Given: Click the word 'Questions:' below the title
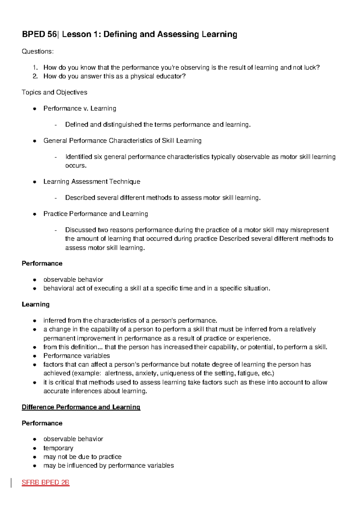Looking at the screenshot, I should [38, 51].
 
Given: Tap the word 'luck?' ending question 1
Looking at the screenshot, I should [312, 68].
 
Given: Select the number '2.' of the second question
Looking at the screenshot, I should [35, 76].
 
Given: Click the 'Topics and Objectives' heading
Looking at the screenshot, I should [54, 92].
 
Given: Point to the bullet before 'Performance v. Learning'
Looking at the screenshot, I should [35, 109].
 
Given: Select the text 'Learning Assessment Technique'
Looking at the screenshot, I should [91, 182].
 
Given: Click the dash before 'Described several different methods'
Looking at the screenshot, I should [55, 198].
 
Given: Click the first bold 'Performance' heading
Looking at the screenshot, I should [42, 264].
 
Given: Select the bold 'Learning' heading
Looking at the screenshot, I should [35, 304].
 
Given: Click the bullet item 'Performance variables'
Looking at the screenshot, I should [76, 356].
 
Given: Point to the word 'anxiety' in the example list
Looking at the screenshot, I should [146, 373].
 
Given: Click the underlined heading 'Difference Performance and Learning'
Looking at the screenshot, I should [81, 407].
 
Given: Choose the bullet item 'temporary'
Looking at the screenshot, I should [58, 448].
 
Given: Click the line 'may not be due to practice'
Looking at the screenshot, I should [82, 457].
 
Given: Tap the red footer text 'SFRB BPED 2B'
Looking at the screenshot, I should [45, 483].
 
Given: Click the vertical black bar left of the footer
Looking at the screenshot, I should [11, 483].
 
